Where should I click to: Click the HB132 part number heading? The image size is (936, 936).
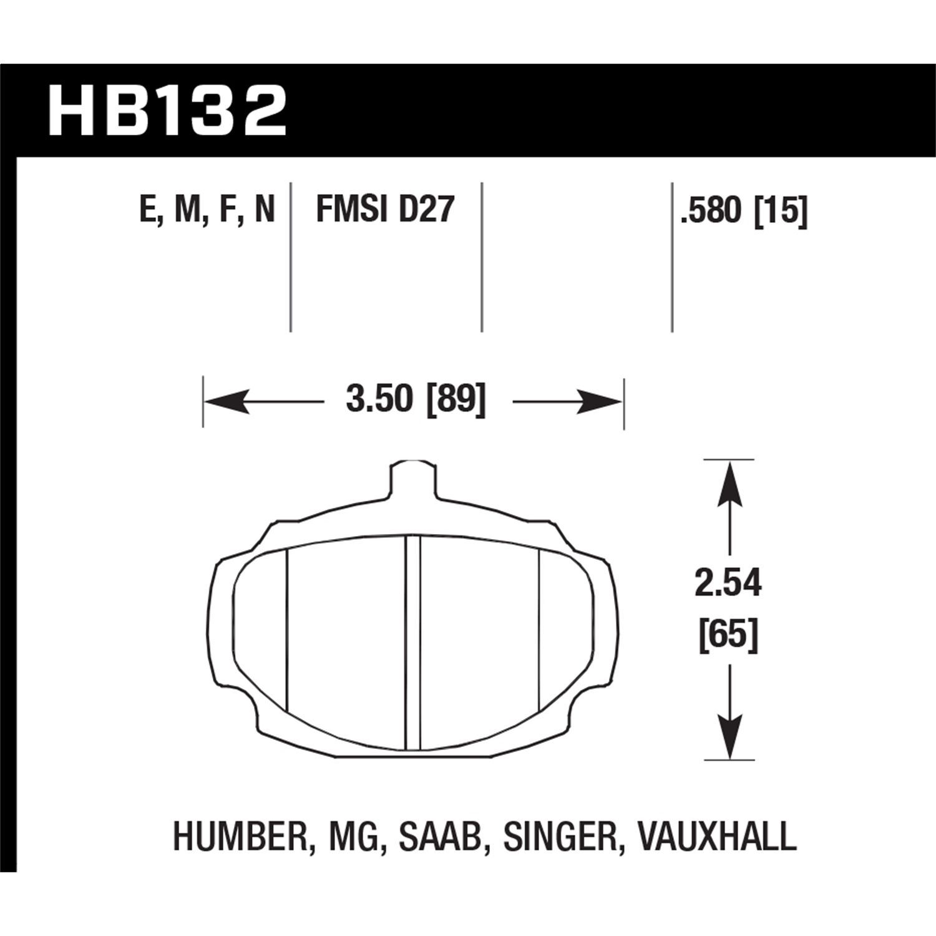(167, 112)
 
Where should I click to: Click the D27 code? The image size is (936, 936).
(427, 210)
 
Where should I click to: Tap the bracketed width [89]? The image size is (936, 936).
(455, 400)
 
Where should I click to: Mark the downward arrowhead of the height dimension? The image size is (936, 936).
(729, 736)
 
